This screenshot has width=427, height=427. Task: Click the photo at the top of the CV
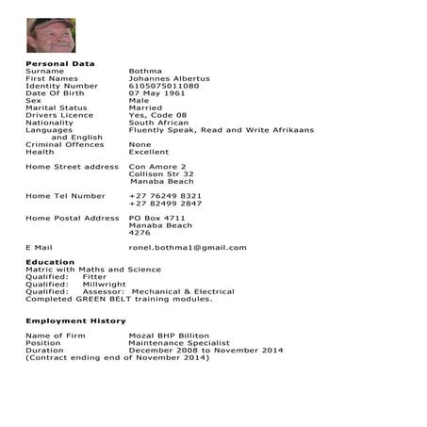[51, 35]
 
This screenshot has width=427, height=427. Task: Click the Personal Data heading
[60, 64]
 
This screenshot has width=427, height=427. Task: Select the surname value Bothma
[145, 71]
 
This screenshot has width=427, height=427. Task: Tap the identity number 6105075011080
[164, 86]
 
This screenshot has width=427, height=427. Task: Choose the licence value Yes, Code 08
[157, 115]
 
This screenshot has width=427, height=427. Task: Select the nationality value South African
[159, 123]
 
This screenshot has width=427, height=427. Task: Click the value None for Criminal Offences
[140, 144]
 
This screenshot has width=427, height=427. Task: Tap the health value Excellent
[149, 152]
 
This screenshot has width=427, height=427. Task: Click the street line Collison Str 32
[161, 173]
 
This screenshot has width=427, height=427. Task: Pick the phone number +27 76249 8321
[165, 196]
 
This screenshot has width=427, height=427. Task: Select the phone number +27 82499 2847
[165, 204]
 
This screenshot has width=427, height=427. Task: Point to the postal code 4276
[140, 233]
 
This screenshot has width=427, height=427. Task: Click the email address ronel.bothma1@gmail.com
[188, 248]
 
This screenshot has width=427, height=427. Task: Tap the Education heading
[50, 262]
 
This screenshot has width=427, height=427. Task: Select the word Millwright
[104, 284]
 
